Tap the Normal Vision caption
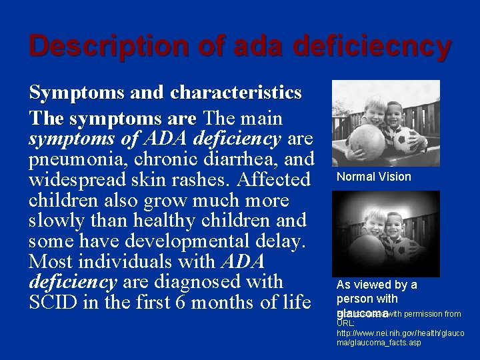coord(373,177)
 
